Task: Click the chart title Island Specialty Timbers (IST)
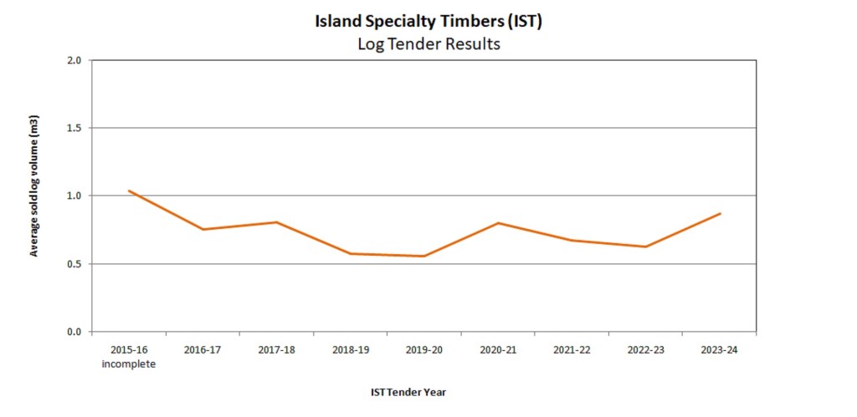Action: click(x=428, y=22)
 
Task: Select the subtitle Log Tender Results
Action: click(x=428, y=44)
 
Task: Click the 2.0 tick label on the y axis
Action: click(x=74, y=60)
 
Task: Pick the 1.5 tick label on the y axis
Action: click(x=74, y=128)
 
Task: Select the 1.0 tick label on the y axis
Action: click(x=74, y=196)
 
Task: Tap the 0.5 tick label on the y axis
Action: click(x=74, y=264)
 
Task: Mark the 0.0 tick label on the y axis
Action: click(x=74, y=332)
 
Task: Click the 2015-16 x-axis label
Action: click(x=129, y=350)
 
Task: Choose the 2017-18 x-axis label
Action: click(x=276, y=350)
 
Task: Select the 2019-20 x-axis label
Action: click(x=424, y=350)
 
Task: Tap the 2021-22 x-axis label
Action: click(x=572, y=350)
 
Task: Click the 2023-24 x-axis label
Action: click(x=720, y=350)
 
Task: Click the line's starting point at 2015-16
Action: click(x=129, y=191)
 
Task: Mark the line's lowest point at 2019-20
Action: click(x=424, y=256)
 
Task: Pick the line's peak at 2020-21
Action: click(x=498, y=223)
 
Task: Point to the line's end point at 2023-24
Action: click(x=720, y=213)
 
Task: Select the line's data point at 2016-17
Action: click(x=203, y=229)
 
